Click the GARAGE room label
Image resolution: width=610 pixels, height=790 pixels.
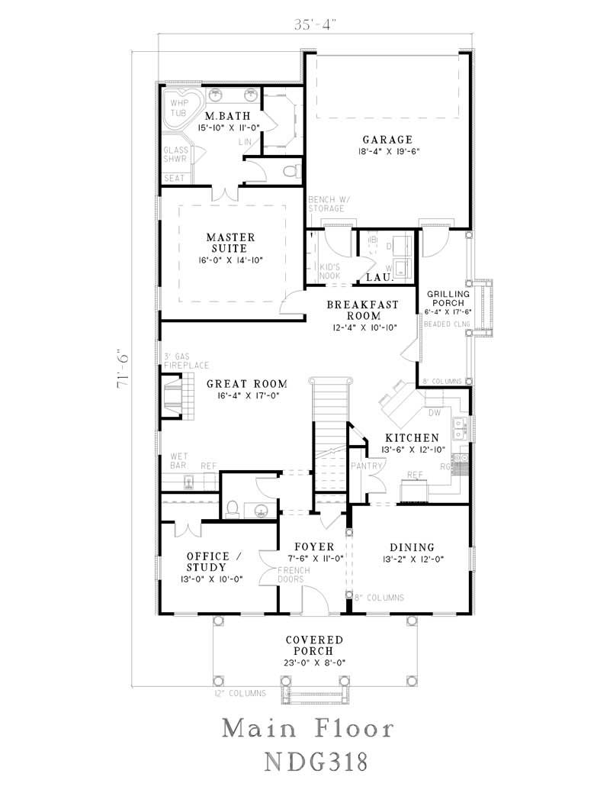click(x=387, y=140)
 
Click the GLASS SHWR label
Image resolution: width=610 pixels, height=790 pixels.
click(x=175, y=155)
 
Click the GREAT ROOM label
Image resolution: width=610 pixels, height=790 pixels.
click(x=247, y=383)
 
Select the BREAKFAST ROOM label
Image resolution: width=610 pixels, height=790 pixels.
click(x=362, y=309)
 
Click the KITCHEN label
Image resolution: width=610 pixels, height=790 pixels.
click(x=411, y=438)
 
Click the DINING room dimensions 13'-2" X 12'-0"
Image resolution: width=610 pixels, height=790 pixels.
click(x=412, y=559)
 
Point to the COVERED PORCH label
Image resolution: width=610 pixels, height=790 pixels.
click(x=314, y=645)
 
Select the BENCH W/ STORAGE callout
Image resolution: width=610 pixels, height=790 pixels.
click(x=326, y=204)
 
